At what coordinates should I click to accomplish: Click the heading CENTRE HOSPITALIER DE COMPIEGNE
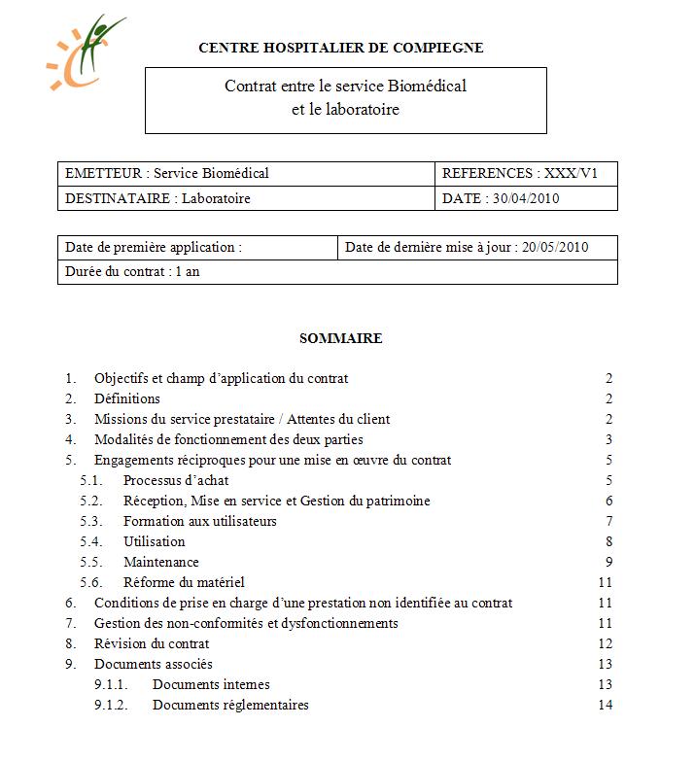coord(340,48)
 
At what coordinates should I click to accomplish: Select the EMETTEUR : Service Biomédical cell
coord(166,174)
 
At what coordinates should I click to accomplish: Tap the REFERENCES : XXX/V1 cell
coord(519,174)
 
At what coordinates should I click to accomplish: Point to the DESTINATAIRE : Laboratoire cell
coord(157,198)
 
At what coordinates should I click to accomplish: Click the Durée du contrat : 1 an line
coord(132,272)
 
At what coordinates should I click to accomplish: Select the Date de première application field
coord(154,248)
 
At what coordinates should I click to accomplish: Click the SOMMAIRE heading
coord(340,339)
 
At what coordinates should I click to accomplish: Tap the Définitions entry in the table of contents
coord(126,398)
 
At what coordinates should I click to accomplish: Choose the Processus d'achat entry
coord(176,480)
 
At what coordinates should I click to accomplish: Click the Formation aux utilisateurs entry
coord(199,521)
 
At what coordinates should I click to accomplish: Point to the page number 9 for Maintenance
coord(608,562)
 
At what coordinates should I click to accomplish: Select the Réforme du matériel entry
coord(184,582)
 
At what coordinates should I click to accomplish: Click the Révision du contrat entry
coord(151,643)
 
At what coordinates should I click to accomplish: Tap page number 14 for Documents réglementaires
coord(605,705)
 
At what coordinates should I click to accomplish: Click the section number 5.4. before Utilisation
coord(90,541)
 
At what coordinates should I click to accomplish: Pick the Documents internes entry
coord(211,684)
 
